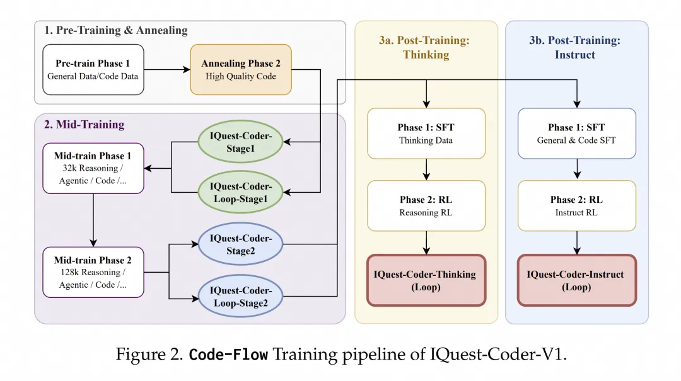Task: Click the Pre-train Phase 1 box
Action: [93, 69]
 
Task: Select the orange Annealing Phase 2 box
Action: [241, 69]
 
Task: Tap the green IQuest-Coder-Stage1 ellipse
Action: [241, 142]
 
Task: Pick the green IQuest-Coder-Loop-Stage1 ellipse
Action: [241, 192]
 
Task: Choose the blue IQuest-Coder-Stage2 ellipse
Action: [241, 244]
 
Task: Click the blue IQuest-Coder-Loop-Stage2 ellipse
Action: [241, 297]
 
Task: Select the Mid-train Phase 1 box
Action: [93, 168]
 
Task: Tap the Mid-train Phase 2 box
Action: [93, 273]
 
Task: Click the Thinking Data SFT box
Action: [426, 134]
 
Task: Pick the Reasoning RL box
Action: [426, 206]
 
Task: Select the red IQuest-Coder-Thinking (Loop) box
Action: [426, 280]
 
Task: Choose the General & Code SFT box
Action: [577, 134]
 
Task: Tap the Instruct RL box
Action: [577, 206]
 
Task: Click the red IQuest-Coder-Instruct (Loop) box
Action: [577, 280]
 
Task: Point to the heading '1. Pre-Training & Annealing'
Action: [116, 30]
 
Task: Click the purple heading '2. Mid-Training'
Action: [84, 125]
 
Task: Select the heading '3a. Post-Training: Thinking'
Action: [425, 48]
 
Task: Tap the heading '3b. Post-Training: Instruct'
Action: [575, 48]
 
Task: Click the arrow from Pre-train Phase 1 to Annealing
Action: [167, 69]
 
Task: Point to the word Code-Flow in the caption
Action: [228, 355]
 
